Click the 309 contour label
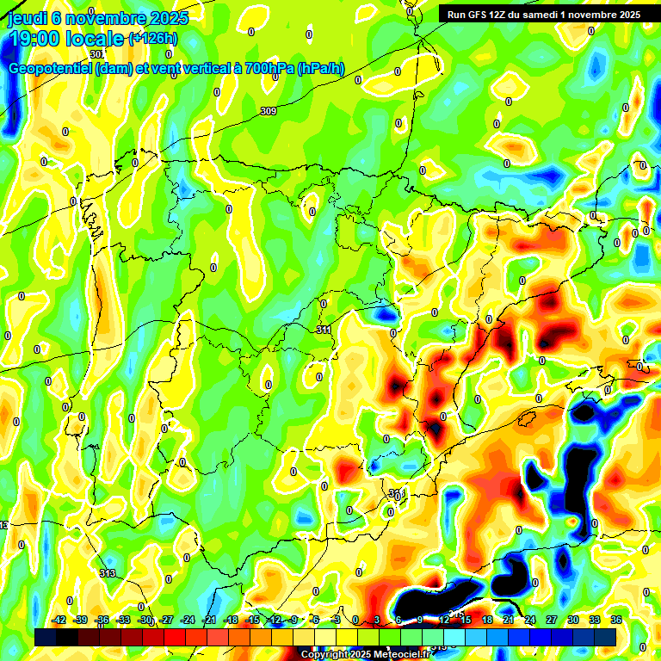pyautogui.click(x=269, y=111)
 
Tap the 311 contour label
pyautogui.click(x=324, y=330)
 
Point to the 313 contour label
pyautogui.click(x=108, y=573)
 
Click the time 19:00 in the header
pyautogui.click(x=35, y=38)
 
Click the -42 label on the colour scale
pyautogui.click(x=59, y=620)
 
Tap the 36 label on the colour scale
pyautogui.click(x=616, y=620)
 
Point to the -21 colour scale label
pyautogui.click(x=209, y=620)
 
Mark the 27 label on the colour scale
pyautogui.click(x=552, y=620)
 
